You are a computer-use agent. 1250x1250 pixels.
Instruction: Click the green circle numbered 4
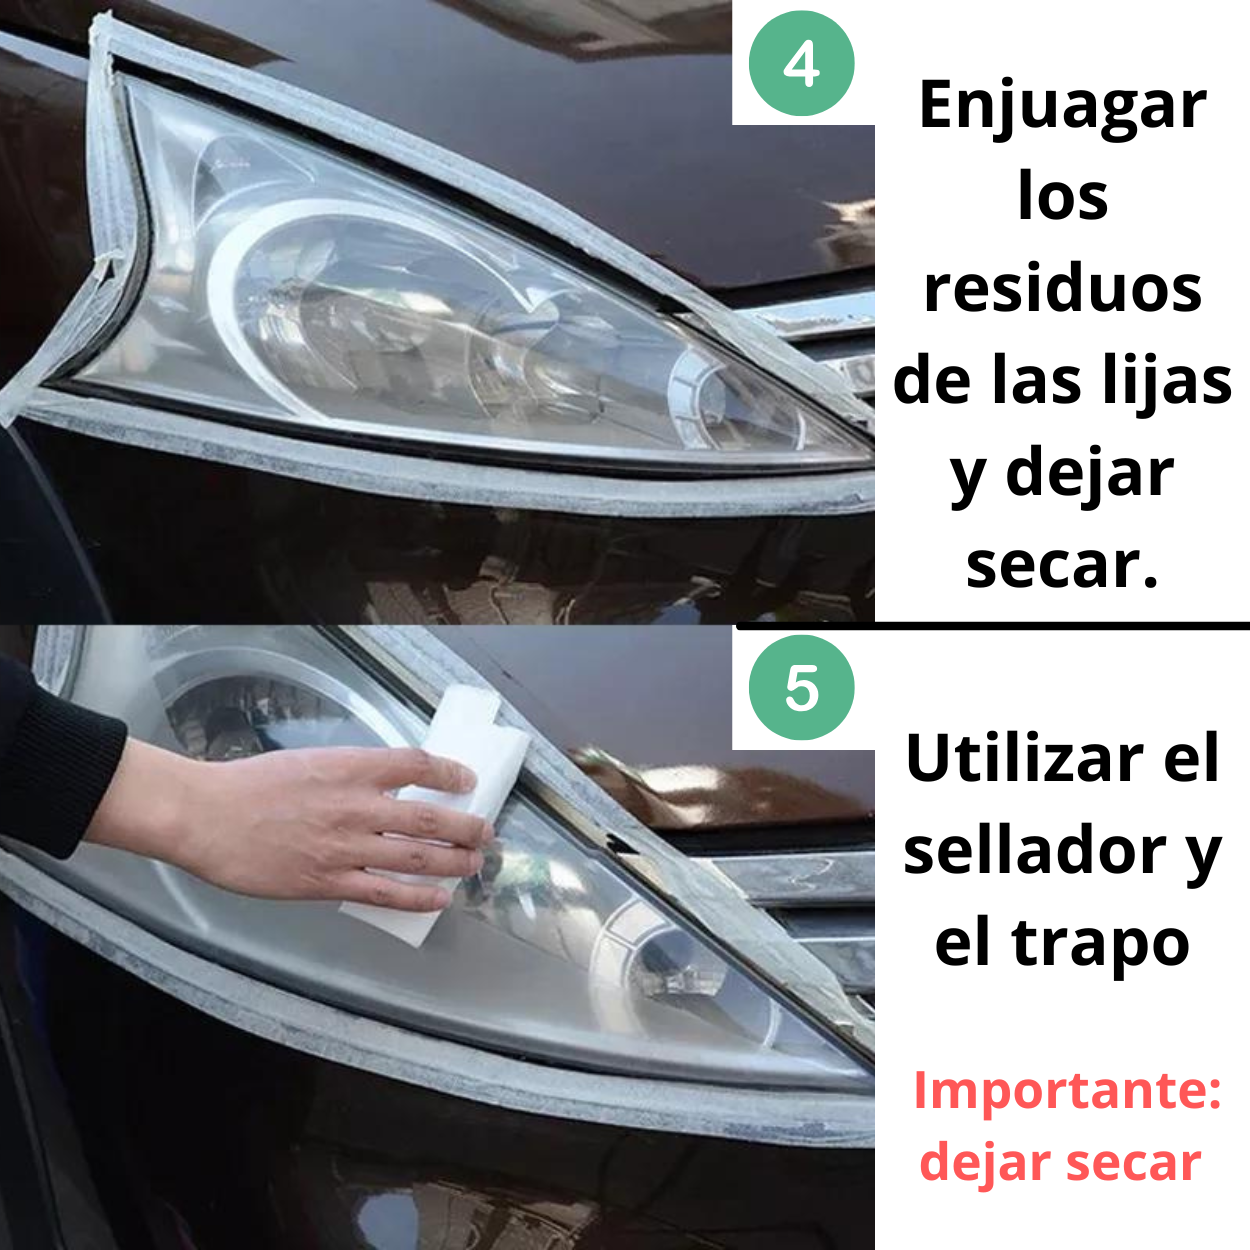click(x=801, y=63)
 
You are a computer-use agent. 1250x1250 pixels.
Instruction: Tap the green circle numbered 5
click(x=801, y=688)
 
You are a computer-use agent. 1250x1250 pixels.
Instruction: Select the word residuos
click(x=1063, y=290)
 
